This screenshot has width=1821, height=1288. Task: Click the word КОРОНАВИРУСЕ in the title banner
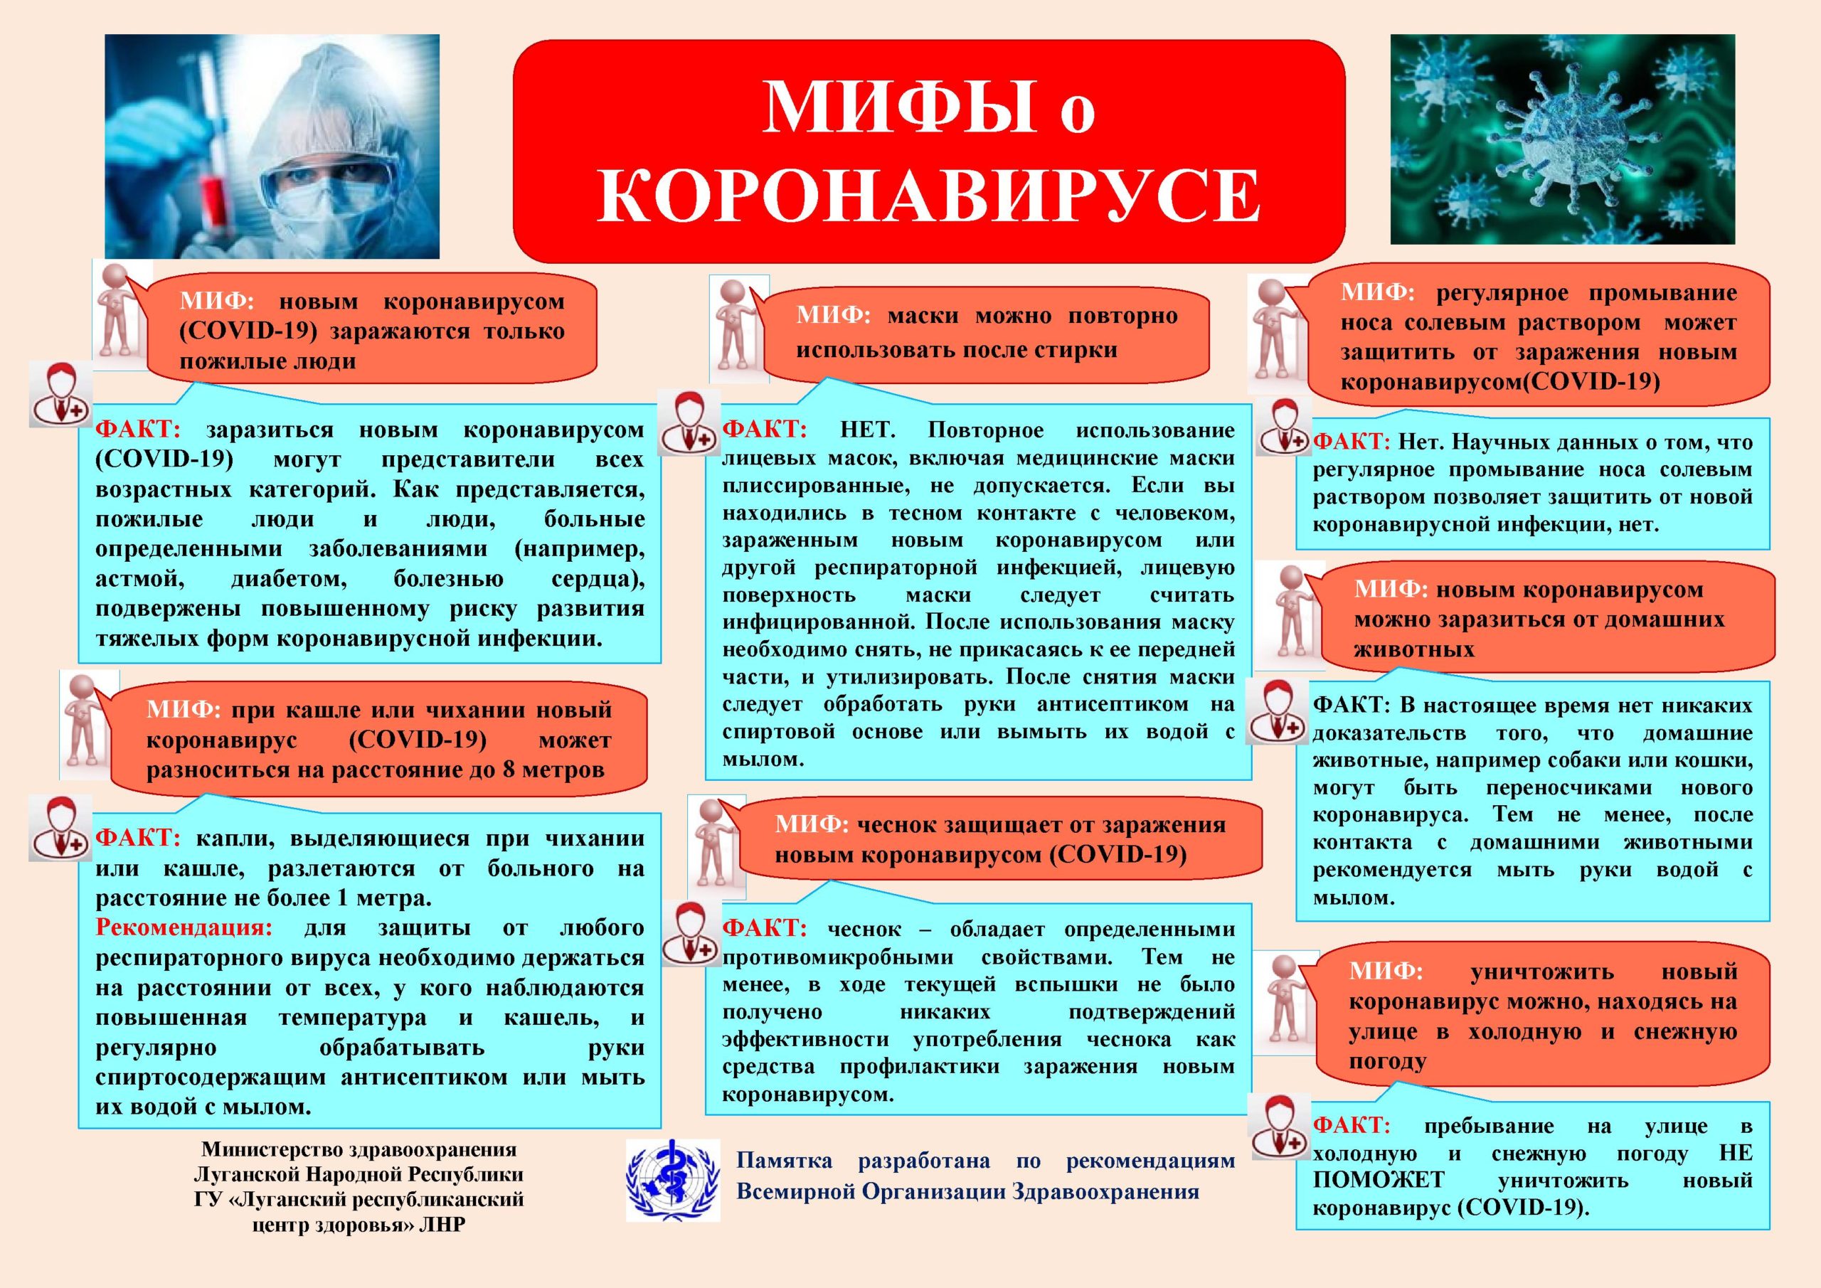pyautogui.click(x=929, y=195)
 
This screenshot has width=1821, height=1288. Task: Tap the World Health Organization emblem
pyautogui.click(x=673, y=1180)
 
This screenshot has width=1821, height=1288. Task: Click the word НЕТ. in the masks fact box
pyautogui.click(x=867, y=431)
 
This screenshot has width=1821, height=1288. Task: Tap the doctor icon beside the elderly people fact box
pyautogui.click(x=61, y=394)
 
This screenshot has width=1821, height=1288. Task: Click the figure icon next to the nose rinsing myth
pyautogui.click(x=1274, y=333)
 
